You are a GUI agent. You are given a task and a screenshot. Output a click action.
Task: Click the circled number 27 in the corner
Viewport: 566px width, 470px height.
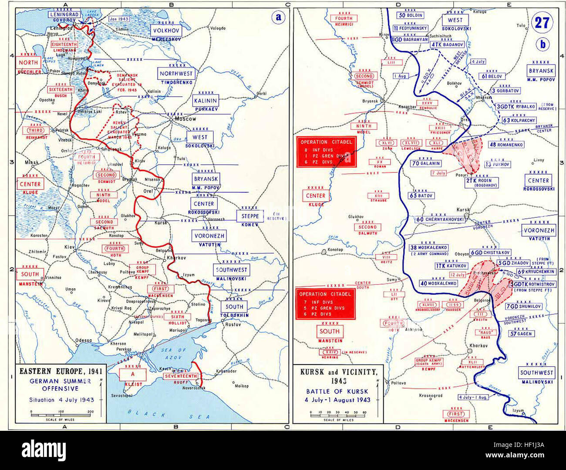[x=542, y=22]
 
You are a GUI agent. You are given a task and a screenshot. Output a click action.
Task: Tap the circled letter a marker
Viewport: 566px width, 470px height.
[x=278, y=18]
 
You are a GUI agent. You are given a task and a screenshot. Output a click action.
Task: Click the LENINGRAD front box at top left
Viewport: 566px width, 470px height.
[x=64, y=14]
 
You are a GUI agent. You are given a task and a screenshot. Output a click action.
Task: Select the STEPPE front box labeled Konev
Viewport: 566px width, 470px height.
[x=250, y=216]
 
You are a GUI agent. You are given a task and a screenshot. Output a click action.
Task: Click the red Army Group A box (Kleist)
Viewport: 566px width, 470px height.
[x=132, y=374]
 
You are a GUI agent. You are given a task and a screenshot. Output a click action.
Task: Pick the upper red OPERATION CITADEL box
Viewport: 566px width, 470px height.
[x=326, y=152]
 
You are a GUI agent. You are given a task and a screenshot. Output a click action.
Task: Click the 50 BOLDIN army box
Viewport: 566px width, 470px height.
[x=411, y=15]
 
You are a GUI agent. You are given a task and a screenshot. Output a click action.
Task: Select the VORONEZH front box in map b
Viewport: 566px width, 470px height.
[x=539, y=230]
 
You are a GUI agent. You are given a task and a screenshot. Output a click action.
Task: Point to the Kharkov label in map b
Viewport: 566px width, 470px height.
[x=478, y=345]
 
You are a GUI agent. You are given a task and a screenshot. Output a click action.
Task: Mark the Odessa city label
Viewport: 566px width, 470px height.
[x=83, y=340]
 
